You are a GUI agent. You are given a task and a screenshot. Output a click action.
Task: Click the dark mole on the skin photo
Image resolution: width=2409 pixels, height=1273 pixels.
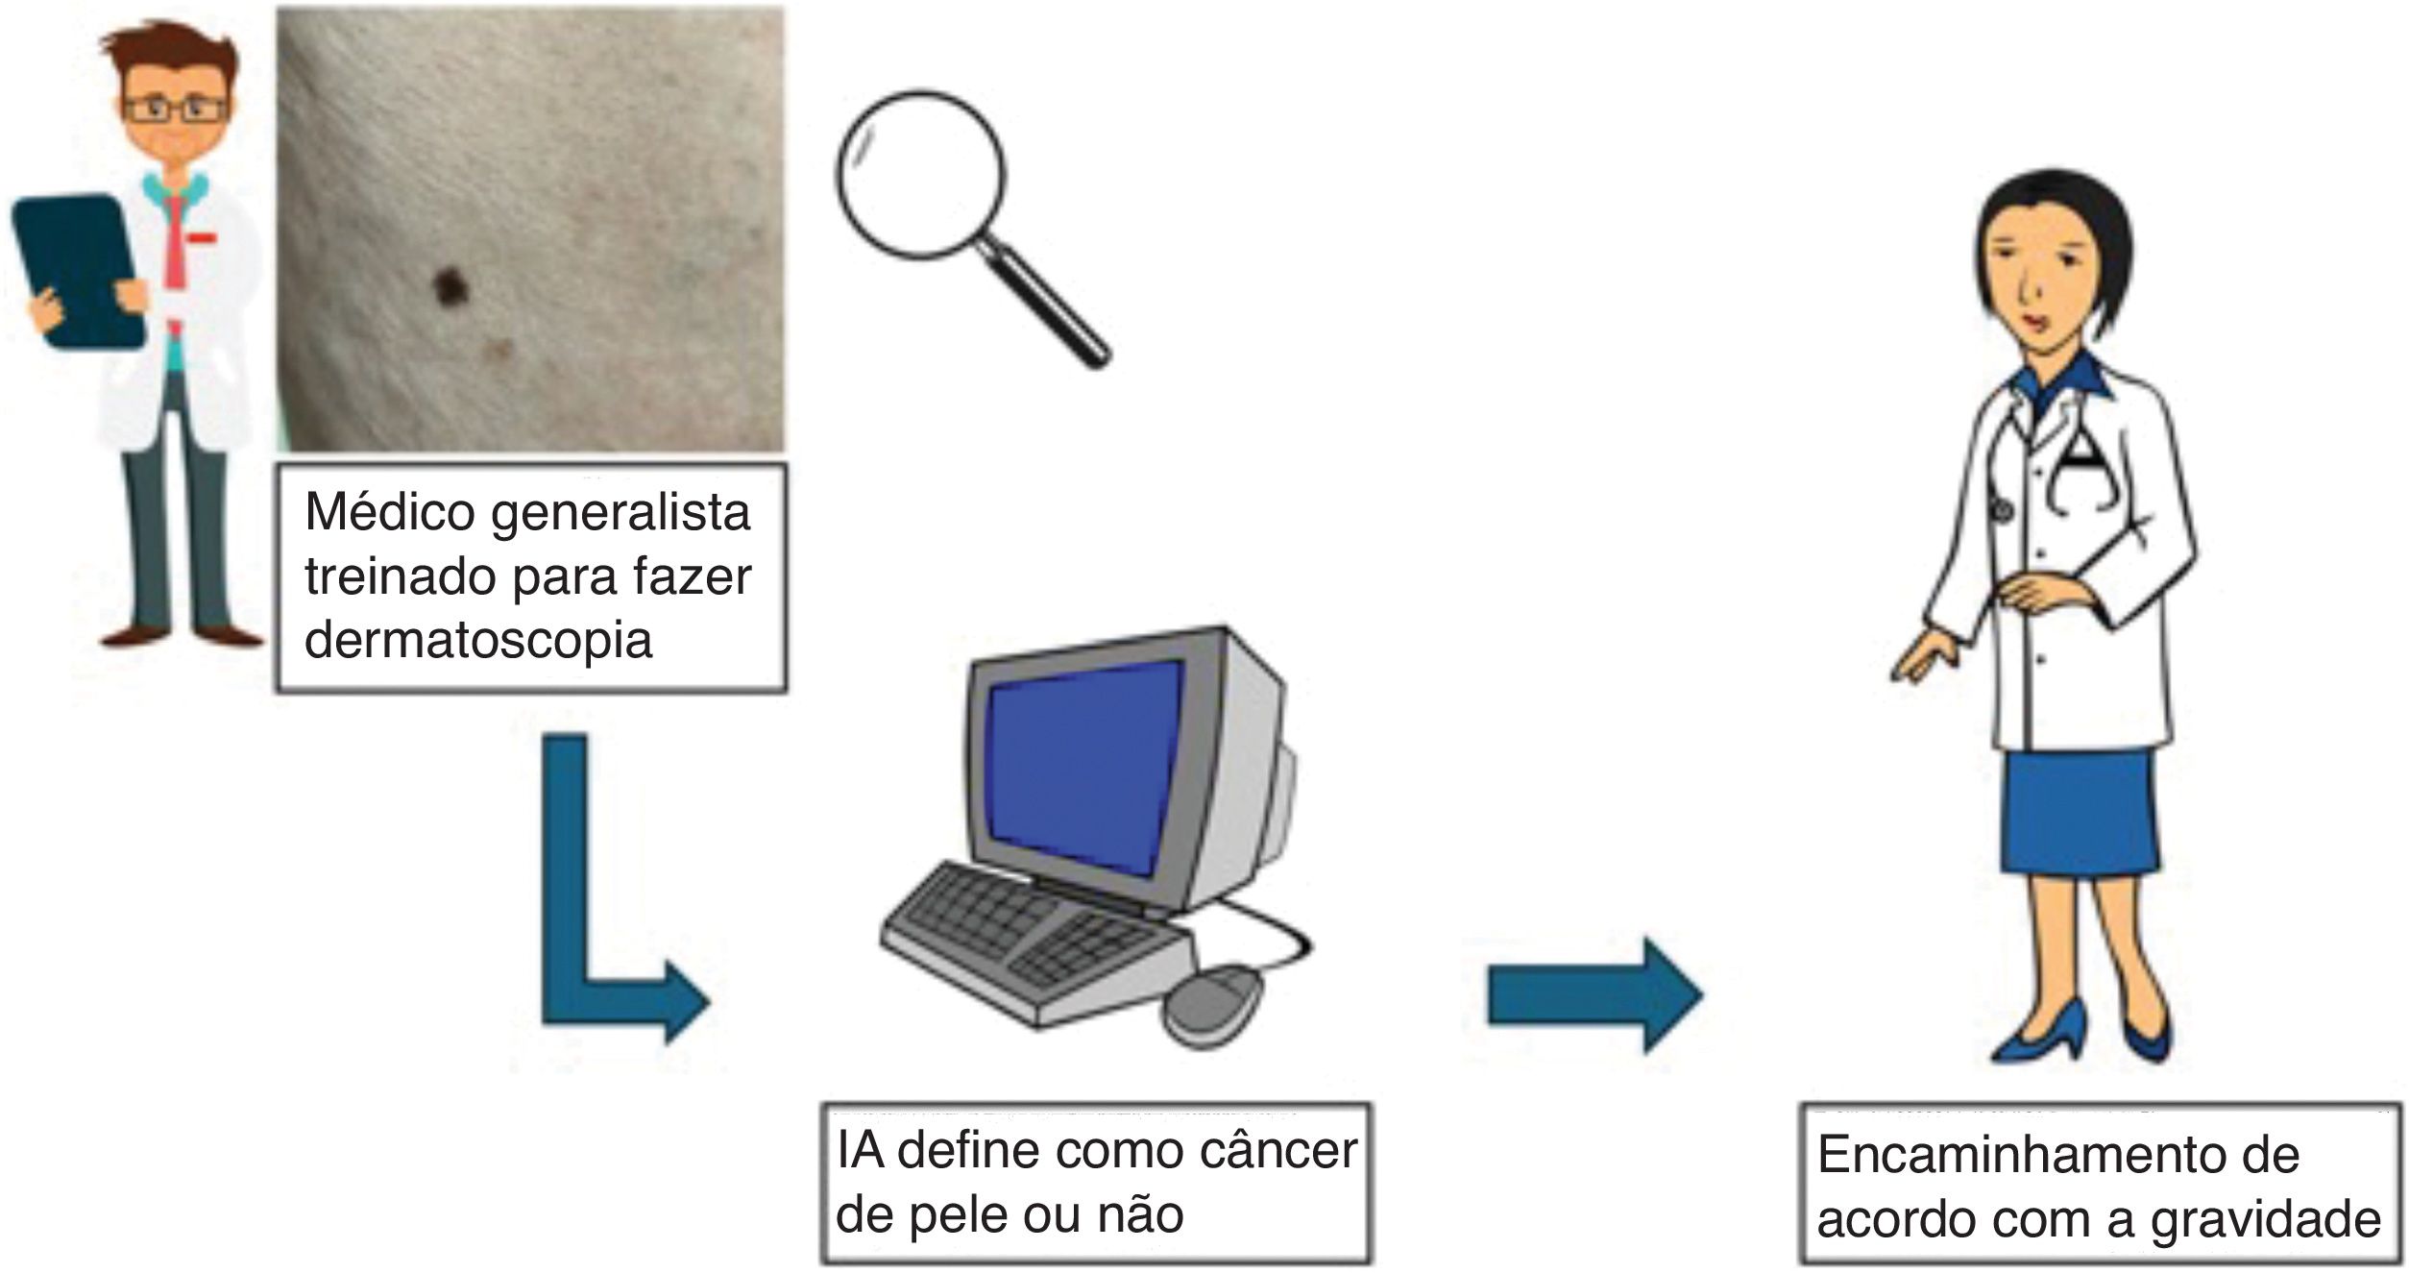[449, 283]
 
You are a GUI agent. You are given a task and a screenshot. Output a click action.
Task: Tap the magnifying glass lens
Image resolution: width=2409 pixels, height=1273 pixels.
[920, 174]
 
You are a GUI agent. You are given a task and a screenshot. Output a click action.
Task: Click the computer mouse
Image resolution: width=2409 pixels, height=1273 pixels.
[1212, 1008]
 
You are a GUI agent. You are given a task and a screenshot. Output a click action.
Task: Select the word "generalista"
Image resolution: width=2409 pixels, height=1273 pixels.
[620, 513]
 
